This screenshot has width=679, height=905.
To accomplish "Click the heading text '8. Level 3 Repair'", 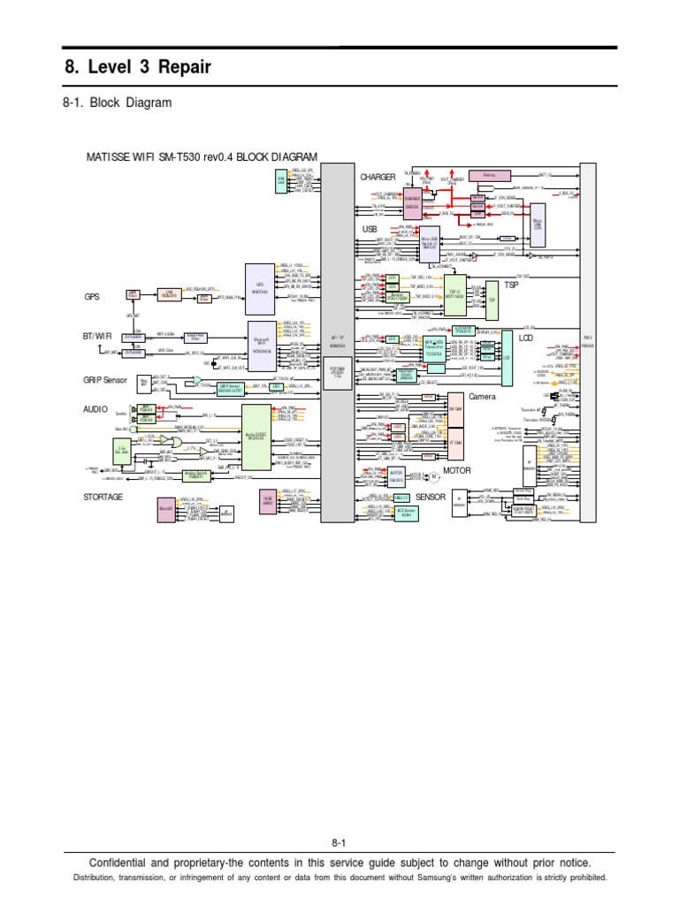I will [x=138, y=67].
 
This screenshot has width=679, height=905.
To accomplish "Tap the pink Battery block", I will [x=489, y=175].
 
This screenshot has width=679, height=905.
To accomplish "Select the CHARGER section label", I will [x=378, y=178].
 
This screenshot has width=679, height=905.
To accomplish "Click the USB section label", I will [x=370, y=229].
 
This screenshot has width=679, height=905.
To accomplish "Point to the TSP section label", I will [x=512, y=285].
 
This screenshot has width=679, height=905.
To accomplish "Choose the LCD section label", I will [x=527, y=338].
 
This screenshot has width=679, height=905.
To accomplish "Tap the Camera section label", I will [x=484, y=397].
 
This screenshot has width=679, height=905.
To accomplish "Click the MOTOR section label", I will [x=457, y=470].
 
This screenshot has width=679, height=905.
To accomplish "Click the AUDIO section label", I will [x=95, y=409].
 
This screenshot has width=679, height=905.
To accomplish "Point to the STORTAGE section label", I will [x=103, y=498].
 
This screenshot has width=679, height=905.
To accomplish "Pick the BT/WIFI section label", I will [x=100, y=337].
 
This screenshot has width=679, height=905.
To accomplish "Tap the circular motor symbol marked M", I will [x=432, y=477].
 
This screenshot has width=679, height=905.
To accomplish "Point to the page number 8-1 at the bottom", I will [x=339, y=845].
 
